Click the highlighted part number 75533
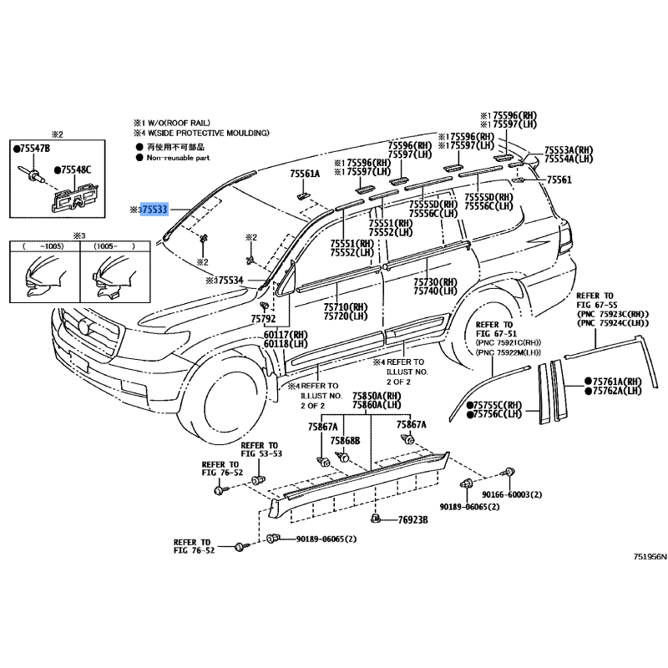click(154, 209)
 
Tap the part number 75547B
click(35, 148)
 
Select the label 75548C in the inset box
click(76, 170)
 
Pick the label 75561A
click(305, 174)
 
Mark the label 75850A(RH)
click(377, 396)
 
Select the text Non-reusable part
click(179, 157)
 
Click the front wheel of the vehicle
click(224, 390)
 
